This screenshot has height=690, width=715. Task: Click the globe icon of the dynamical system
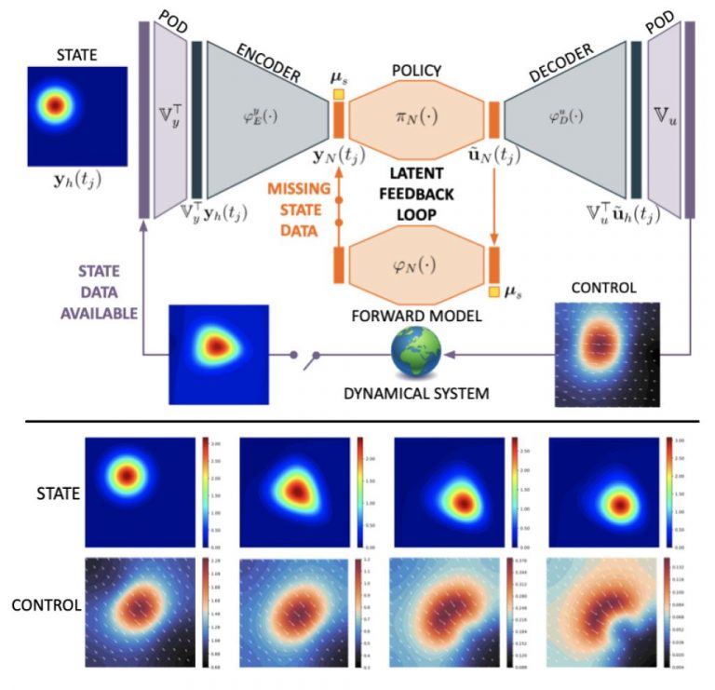coord(415,355)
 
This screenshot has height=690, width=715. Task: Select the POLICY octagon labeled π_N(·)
coord(415,120)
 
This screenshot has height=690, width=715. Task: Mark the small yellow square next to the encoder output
coord(339,92)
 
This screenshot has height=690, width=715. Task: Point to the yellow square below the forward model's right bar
coord(493,290)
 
